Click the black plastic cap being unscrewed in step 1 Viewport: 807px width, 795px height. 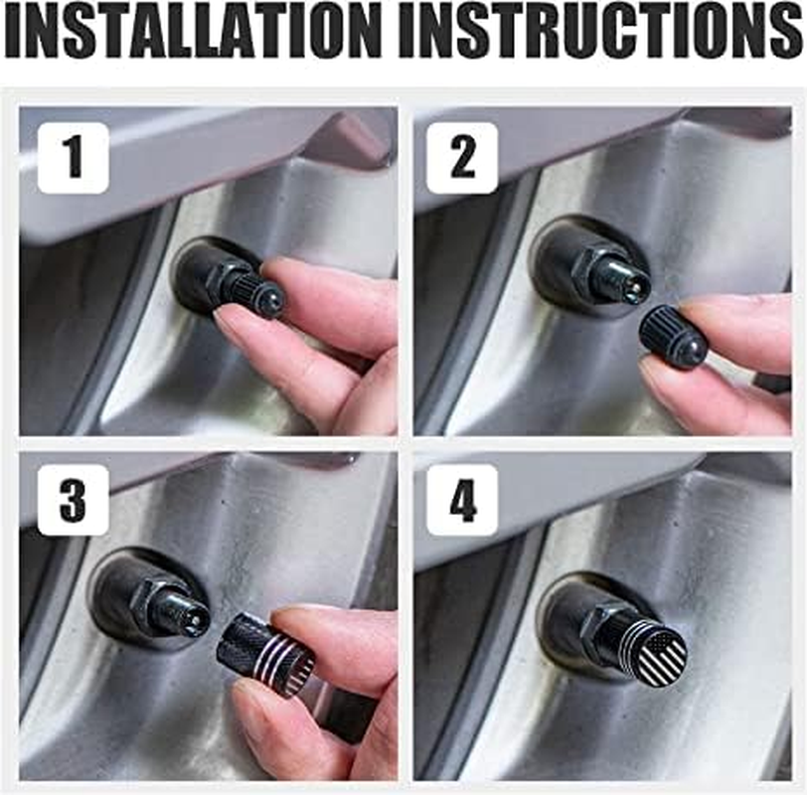(260, 295)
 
